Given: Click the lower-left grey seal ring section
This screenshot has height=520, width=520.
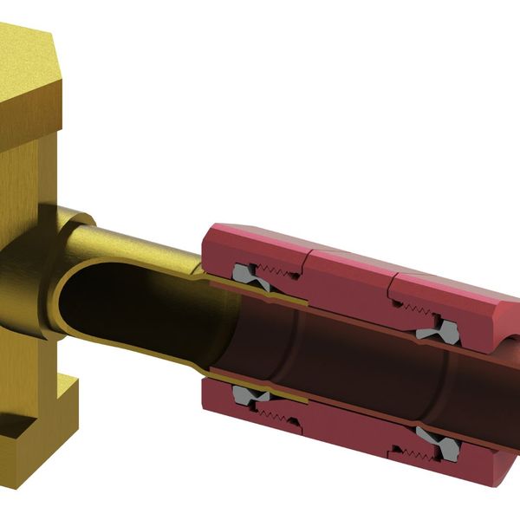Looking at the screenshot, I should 253,398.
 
